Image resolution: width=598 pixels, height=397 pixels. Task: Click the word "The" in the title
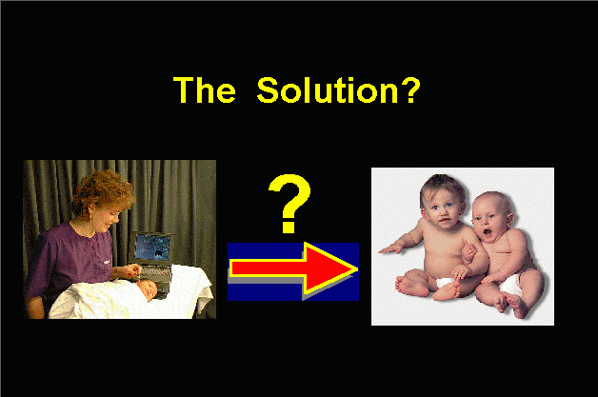point(205,90)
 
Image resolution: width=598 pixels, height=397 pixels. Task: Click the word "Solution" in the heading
point(328,90)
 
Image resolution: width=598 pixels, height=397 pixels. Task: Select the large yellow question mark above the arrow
point(289,204)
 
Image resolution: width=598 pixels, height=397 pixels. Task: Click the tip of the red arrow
point(358,268)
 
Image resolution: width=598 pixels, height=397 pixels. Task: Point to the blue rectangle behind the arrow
point(293,271)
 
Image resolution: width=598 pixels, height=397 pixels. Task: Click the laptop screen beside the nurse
point(152,248)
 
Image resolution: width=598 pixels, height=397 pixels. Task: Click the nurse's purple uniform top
point(70,259)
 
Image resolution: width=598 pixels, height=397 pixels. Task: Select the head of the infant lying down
point(146,289)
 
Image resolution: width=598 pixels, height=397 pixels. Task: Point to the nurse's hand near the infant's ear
point(132,270)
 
